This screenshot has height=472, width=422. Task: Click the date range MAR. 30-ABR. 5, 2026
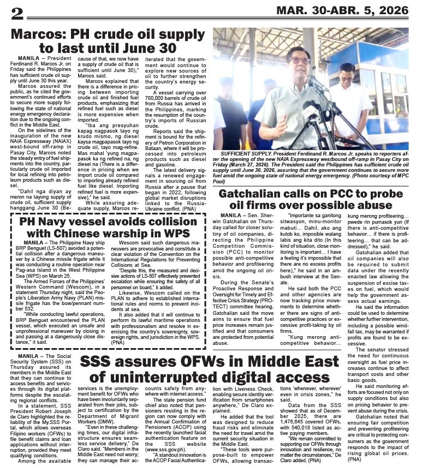[x=342, y=10]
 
